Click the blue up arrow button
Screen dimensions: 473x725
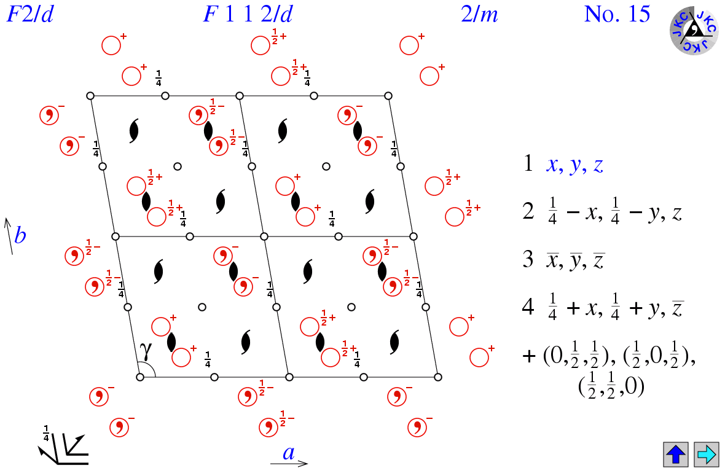point(675,454)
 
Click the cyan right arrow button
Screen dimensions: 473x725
point(706,454)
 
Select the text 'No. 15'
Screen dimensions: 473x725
point(617,14)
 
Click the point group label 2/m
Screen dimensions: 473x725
point(479,14)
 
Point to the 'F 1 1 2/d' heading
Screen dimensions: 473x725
point(248,14)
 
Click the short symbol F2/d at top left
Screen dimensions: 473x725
point(29,14)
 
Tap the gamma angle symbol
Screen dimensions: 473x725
point(145,351)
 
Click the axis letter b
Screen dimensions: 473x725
point(20,235)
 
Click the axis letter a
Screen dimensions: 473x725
point(288,453)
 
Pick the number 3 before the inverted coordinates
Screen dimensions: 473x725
point(528,259)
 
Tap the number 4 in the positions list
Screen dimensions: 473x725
point(528,307)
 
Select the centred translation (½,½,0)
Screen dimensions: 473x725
point(611,388)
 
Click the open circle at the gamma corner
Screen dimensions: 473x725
point(140,377)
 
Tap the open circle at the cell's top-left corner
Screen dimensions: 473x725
point(90,96)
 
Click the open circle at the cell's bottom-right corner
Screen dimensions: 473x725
point(437,377)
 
